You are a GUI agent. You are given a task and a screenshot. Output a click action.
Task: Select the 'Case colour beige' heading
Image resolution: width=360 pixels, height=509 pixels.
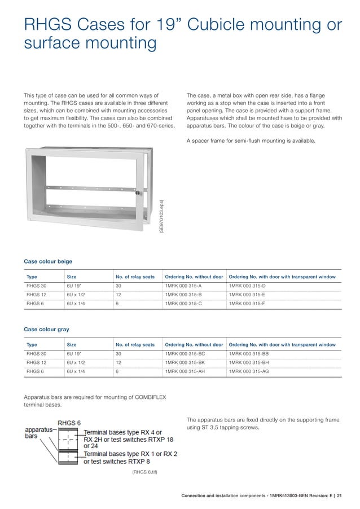coord(48,261)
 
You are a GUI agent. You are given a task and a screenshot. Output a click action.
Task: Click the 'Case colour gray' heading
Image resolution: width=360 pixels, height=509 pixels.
coord(46,328)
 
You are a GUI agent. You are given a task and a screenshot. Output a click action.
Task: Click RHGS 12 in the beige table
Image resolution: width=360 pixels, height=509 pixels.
coord(37,295)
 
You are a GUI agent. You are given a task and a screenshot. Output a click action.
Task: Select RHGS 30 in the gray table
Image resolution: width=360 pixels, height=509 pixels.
coord(37,353)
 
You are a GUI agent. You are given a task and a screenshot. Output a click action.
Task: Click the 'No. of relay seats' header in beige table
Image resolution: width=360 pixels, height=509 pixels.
coord(135,277)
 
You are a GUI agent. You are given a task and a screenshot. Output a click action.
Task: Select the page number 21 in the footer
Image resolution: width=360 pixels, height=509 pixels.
coord(346,496)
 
